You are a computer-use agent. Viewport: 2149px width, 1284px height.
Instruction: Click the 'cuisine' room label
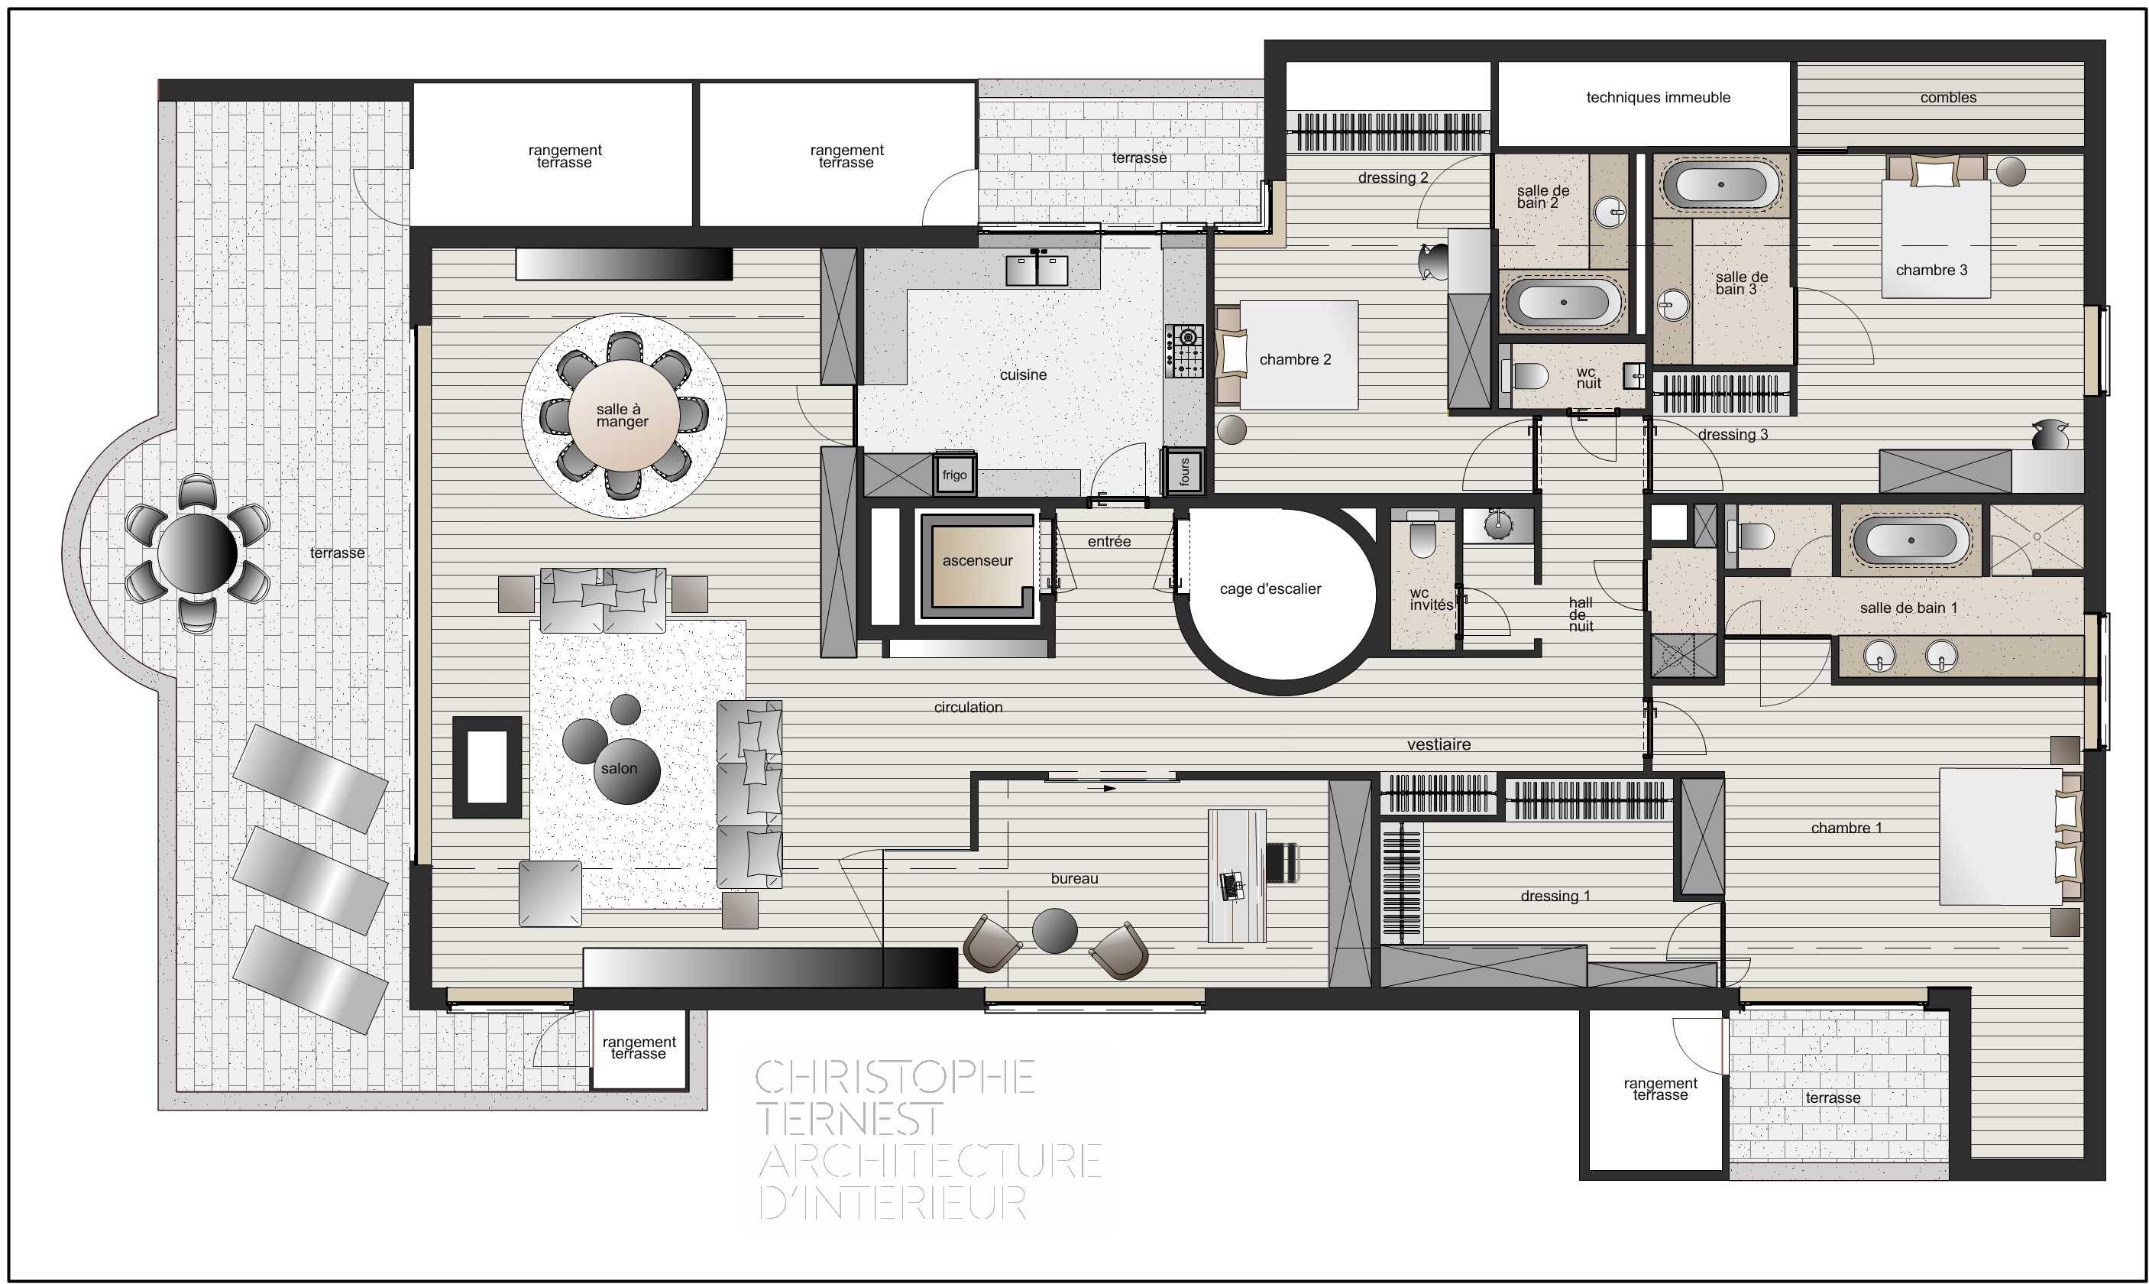point(1023,374)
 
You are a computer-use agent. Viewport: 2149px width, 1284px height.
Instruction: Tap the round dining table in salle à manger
point(623,415)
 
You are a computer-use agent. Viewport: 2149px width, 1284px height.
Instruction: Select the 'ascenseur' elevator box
point(977,562)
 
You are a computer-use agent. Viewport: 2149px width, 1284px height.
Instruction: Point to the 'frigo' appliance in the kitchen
point(955,474)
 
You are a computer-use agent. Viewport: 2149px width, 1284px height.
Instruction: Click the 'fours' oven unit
point(1185,472)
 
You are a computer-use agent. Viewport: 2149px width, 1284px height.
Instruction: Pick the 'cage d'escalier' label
point(1270,589)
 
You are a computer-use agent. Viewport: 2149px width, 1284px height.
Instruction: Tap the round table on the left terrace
point(197,554)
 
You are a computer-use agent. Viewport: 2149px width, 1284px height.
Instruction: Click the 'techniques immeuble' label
point(1658,98)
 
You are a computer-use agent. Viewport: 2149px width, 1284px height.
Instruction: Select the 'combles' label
point(1947,98)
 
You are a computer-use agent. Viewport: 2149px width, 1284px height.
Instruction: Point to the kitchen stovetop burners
point(1184,350)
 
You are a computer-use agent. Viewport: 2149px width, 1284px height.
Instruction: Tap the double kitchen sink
point(1036,269)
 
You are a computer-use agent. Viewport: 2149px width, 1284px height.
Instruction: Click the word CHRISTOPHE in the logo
point(895,1077)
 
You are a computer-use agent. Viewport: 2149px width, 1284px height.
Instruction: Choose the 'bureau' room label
point(1074,879)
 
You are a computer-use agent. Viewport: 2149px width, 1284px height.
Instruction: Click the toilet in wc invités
point(1422,535)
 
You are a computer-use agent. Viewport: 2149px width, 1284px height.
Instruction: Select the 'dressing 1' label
point(1555,897)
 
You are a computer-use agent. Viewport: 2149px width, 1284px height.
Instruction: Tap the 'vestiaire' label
point(1439,744)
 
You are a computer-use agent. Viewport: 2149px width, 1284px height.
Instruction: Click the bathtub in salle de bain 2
point(1564,303)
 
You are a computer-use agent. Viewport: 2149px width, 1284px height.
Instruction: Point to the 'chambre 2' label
point(1295,360)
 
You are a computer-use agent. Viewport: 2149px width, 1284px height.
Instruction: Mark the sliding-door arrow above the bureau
point(1101,788)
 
